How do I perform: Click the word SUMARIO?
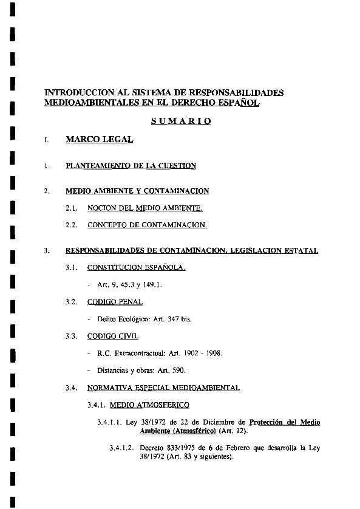181,121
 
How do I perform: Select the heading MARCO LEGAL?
99,140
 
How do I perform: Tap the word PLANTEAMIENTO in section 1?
93,165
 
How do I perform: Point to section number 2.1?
72,208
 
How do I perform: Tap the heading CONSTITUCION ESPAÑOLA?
137,267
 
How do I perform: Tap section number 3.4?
72,387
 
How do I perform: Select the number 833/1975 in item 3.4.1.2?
178,448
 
